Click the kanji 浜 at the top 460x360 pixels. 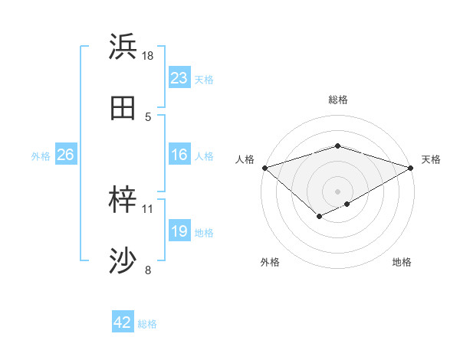pos(123,48)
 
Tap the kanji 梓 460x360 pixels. pos(123,201)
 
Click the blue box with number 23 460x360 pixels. pos(179,78)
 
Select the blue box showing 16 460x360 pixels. pos(179,155)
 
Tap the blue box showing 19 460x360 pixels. pos(179,232)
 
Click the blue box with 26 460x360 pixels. pos(65,155)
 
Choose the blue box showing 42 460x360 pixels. pos(123,322)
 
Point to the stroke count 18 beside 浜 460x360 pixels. pos(148,56)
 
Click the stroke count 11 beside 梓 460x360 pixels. pos(148,208)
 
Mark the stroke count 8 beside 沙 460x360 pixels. pos(148,270)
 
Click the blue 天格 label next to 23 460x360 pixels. pos(204,79)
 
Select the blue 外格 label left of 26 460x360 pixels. pos(41,156)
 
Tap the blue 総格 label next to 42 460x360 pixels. pos(147,323)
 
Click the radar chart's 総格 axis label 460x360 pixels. pos(338,100)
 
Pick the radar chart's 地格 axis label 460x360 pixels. pos(402,263)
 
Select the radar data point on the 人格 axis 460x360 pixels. pos(264,167)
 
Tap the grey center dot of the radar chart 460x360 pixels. pos(338,191)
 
